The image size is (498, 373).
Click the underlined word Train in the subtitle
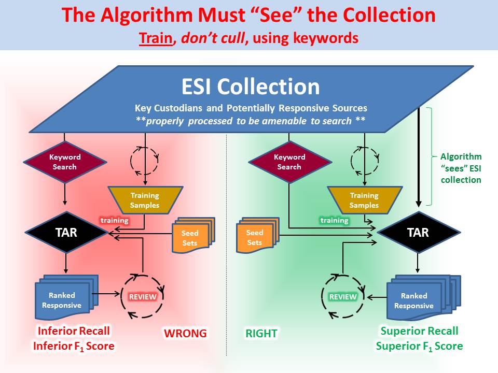click(x=155, y=37)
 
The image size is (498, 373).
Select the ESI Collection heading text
click(x=251, y=87)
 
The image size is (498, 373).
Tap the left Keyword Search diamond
click(x=64, y=162)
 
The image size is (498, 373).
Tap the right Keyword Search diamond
click(x=289, y=162)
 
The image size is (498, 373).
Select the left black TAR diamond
click(x=66, y=232)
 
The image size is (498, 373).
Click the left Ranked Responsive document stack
click(x=62, y=300)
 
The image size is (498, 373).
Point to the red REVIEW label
click(x=142, y=297)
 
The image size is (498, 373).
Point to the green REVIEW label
click(x=343, y=297)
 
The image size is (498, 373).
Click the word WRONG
click(x=185, y=333)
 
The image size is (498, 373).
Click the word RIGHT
click(x=261, y=333)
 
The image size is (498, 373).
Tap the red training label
click(x=114, y=220)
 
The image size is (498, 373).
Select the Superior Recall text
click(x=419, y=331)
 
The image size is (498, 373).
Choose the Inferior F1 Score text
click(x=73, y=346)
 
